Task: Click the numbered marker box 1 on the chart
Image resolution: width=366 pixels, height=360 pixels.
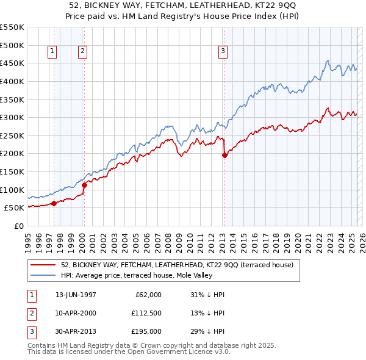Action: coord(53,52)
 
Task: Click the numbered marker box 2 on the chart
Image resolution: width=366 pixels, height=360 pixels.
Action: coord(82,52)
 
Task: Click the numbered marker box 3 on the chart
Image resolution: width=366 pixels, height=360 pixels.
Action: coord(223,52)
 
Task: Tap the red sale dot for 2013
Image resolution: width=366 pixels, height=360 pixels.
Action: coord(224,156)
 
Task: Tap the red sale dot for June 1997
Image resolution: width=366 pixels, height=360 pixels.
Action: coord(54,203)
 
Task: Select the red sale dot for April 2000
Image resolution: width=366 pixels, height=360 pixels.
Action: coord(84,185)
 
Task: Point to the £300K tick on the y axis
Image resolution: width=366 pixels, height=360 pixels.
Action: coord(12,117)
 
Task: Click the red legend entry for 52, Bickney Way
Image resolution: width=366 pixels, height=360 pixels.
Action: coord(177,265)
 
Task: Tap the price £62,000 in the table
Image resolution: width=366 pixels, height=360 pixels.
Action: coord(146,295)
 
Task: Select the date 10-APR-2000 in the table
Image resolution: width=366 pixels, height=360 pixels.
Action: coord(76,313)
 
